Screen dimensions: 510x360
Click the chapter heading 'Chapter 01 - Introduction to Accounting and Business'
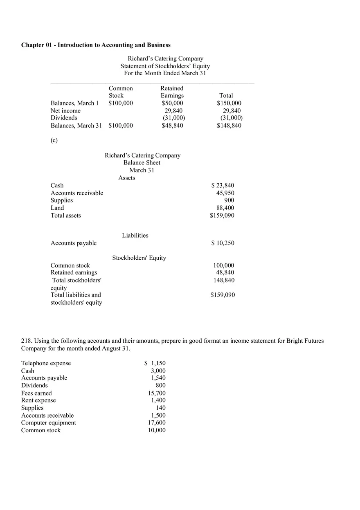tap(96, 45)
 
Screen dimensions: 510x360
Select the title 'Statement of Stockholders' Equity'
tap(165, 66)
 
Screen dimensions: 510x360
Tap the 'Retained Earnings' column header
tap(172, 92)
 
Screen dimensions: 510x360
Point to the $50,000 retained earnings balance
tap(172, 103)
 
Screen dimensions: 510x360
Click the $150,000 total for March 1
tap(229, 103)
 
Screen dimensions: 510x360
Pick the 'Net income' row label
tap(65, 111)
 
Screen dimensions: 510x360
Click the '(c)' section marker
tap(54, 140)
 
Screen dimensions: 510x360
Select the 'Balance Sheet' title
tap(142, 163)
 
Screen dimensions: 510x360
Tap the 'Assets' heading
tap(126, 178)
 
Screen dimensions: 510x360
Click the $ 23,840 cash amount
tap(223, 186)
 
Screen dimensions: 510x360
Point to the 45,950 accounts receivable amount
tap(225, 193)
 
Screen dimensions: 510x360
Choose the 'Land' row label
tap(57, 208)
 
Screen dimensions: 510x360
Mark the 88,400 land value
tap(225, 208)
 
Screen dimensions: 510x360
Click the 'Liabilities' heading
tap(135, 236)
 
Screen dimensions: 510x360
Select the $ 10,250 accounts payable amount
tap(223, 243)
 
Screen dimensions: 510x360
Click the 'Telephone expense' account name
tap(46, 363)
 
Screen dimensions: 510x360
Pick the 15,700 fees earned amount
tap(157, 393)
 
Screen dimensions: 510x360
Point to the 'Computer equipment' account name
tap(48, 423)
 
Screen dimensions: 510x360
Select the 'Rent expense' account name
tap(38, 400)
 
